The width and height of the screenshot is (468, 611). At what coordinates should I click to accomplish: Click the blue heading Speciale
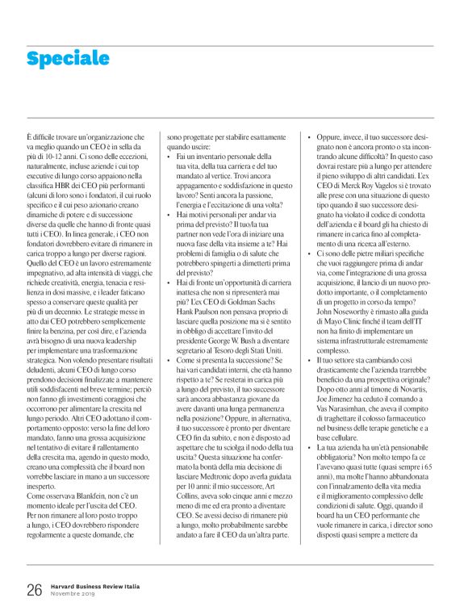click(67, 58)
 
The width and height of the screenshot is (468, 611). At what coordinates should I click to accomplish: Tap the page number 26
click(33, 590)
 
